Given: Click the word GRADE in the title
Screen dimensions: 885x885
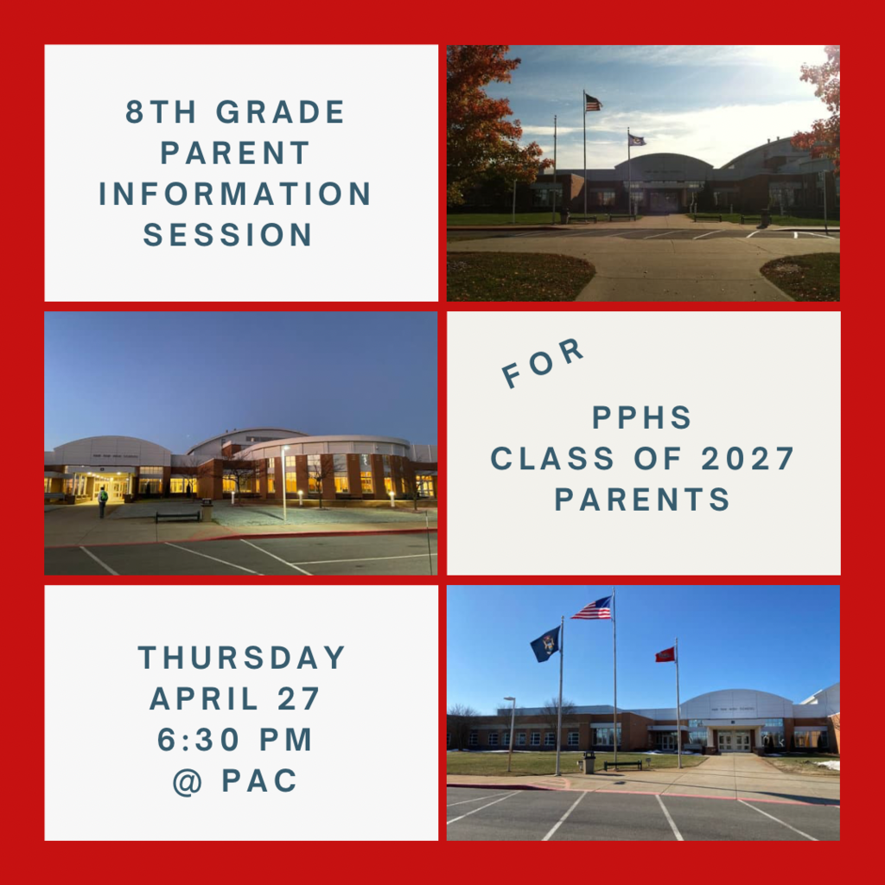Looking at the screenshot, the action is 281,111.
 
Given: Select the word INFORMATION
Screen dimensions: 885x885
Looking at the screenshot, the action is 235,194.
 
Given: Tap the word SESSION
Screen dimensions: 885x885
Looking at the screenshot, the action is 227,234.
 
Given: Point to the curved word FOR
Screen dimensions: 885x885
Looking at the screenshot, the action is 543,363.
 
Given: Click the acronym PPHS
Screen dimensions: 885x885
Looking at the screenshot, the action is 642,417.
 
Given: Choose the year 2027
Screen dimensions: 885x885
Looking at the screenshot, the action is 748,458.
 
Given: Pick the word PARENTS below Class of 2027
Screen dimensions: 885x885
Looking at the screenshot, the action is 642,499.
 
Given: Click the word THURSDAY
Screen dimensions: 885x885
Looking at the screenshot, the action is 242,658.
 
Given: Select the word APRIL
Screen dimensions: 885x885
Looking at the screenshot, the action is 204,698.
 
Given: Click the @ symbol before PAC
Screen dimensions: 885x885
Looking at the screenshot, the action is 188,781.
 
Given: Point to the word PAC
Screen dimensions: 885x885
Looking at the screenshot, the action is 259,780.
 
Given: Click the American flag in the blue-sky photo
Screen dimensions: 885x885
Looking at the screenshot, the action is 592,608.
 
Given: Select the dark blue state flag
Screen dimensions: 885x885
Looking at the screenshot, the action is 545,644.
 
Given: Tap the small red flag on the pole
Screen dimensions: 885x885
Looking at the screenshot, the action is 665,655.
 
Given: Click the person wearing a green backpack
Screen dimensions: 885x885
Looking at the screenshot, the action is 102,501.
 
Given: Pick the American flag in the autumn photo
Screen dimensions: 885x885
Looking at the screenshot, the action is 593,103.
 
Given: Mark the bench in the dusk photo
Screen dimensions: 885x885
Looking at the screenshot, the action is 178,516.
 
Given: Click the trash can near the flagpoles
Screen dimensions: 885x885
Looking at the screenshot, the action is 589,762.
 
